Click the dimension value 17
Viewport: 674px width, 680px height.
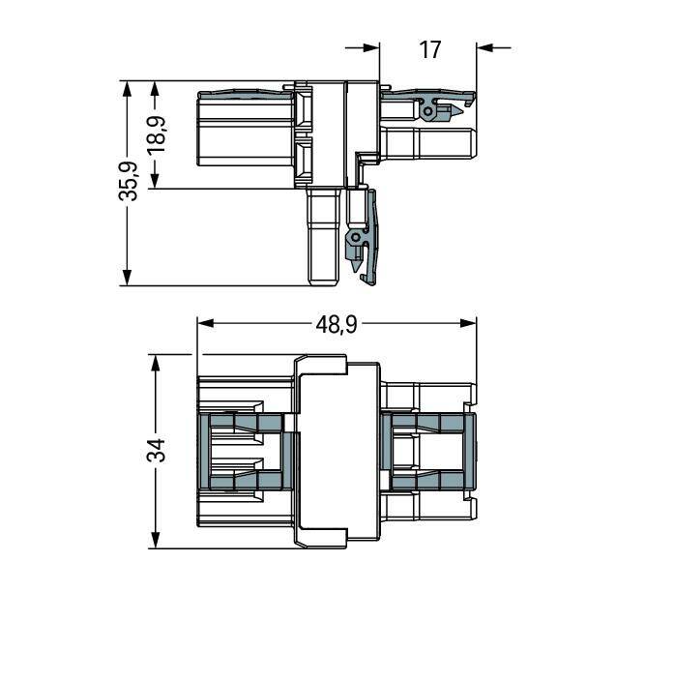pos(430,48)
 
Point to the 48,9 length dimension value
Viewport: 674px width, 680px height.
pos(336,324)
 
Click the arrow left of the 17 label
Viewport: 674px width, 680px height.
pos(369,46)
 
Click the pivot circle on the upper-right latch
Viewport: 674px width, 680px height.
pos(426,112)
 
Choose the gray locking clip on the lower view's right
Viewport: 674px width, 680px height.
pos(429,451)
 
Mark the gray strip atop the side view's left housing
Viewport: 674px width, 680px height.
pos(242,94)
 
